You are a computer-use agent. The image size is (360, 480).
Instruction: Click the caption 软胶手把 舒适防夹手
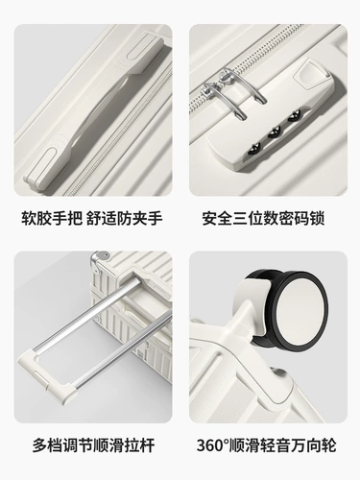pyautogui.click(x=92, y=218)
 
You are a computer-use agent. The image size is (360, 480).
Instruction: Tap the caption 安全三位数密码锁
pyautogui.click(x=263, y=218)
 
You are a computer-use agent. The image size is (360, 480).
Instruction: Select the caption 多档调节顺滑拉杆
pyautogui.click(x=93, y=445)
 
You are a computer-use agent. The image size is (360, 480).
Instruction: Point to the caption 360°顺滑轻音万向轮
pyautogui.click(x=266, y=445)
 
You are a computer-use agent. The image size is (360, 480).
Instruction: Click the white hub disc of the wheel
pyautogui.click(x=300, y=309)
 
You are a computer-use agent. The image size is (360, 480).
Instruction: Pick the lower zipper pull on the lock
pyautogui.click(x=224, y=99)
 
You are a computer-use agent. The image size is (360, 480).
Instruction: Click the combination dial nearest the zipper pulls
pyautogui.click(x=294, y=115)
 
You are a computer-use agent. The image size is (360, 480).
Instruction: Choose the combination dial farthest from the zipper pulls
pyautogui.click(x=255, y=150)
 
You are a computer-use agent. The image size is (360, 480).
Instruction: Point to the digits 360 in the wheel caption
pyautogui.click(x=210, y=445)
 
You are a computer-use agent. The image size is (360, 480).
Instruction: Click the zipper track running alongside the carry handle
pyautogui.click(x=125, y=132)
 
